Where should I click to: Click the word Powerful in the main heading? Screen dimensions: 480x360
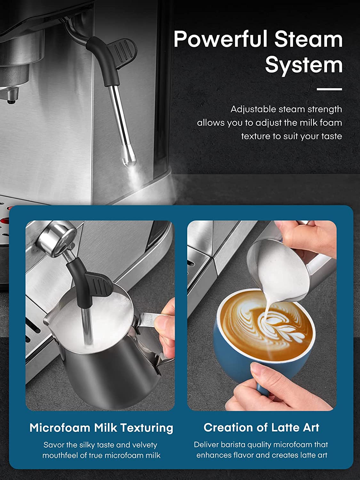(x=220, y=40)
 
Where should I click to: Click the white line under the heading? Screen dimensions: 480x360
(x=329, y=89)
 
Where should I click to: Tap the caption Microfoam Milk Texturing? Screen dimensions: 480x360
(x=101, y=428)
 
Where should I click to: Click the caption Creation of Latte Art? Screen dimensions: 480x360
(x=261, y=428)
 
